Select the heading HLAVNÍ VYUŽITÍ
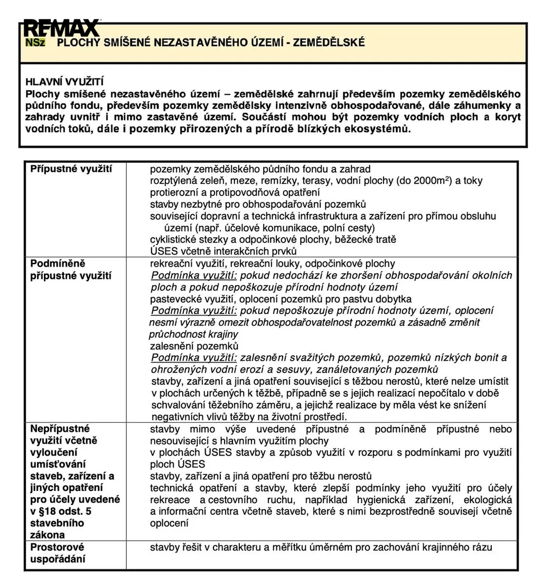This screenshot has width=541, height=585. [65, 82]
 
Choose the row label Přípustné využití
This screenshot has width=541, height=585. [71, 169]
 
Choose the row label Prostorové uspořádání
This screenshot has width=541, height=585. [58, 553]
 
